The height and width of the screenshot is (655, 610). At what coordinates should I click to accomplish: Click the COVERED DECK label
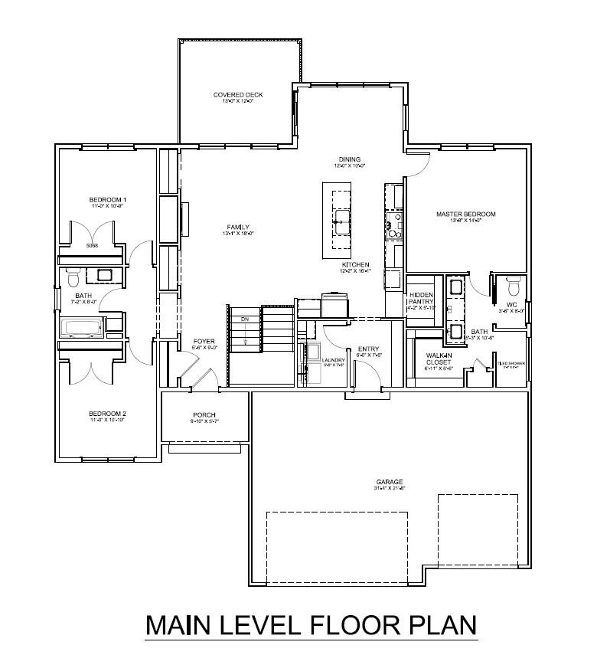click(237, 95)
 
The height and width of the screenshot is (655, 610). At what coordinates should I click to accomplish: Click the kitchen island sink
click(340, 226)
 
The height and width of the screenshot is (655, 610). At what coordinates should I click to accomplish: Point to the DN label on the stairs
click(245, 319)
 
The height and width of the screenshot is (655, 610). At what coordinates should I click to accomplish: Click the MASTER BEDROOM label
click(466, 215)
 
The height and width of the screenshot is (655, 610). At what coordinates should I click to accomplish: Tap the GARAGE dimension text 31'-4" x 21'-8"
click(389, 488)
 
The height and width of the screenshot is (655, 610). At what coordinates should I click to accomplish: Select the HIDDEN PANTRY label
click(421, 298)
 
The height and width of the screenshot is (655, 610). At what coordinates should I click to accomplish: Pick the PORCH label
click(204, 415)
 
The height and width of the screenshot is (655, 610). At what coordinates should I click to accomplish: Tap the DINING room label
click(349, 160)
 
